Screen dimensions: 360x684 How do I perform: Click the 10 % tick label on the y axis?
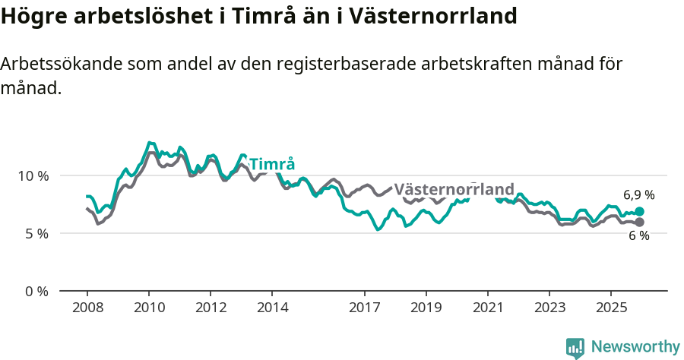pos(32,176)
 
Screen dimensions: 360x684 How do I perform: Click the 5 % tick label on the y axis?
pos(35,234)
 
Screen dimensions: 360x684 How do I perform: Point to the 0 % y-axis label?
pos(35,292)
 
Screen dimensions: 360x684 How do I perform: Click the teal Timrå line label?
pos(272,164)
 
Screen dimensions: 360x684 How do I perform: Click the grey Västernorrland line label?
pos(454,189)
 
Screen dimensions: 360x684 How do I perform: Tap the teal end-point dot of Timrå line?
pos(639,212)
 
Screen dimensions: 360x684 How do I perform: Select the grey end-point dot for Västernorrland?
pos(639,222)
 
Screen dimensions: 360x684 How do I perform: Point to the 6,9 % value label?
pos(638,195)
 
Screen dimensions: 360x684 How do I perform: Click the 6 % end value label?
pos(638,236)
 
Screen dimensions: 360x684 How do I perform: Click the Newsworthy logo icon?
pos(575,347)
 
